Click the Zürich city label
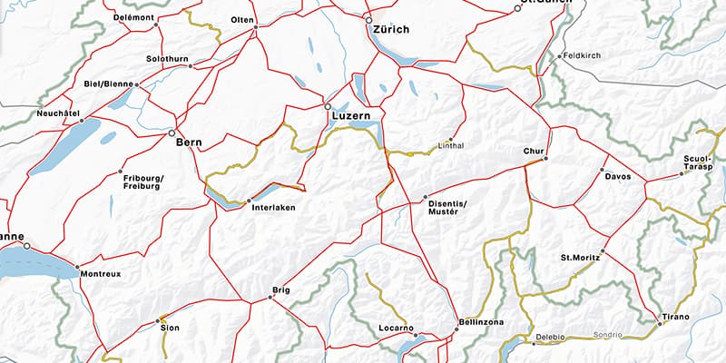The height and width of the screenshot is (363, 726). (390, 29)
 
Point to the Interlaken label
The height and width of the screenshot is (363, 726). (272, 208)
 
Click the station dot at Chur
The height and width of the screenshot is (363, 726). (544, 159)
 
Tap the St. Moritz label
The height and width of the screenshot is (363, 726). (581, 259)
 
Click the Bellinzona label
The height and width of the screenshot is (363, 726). (482, 323)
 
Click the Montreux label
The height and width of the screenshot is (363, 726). (99, 273)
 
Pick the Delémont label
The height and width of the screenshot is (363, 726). (133, 17)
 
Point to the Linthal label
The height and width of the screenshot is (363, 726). (451, 145)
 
